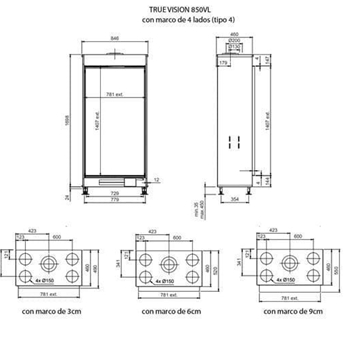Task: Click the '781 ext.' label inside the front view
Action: [121, 82]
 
